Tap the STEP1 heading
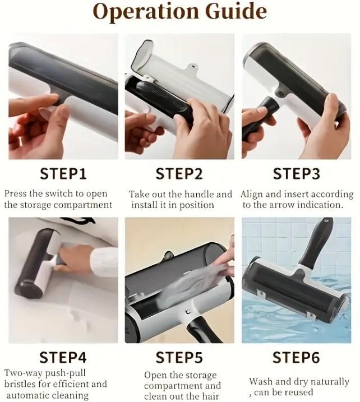click(63, 174)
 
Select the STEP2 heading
click(179, 174)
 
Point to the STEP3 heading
click(297, 174)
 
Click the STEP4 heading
click(63, 358)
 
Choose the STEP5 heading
click(179, 358)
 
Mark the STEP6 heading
click(297, 358)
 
